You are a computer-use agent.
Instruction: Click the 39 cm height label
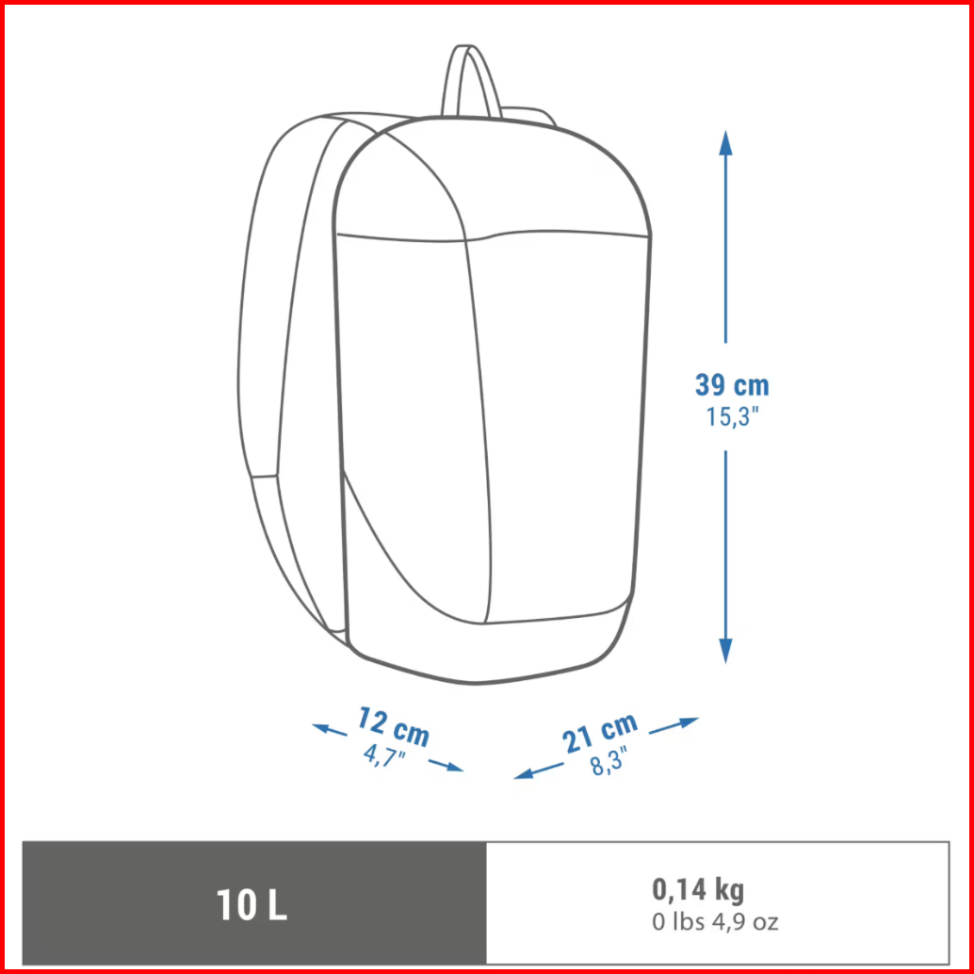pos(732,385)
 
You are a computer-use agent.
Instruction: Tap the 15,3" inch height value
pos(732,416)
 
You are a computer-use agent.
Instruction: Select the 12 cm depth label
pos(393,727)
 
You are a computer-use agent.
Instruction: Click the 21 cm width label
pos(600,732)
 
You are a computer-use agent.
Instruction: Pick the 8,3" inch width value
pos(609,762)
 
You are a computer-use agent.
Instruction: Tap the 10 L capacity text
pos(252,904)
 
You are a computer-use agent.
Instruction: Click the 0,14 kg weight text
pos(698,889)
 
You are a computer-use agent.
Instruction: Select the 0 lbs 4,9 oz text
pos(715,922)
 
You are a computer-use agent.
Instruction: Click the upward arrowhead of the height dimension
pos(725,143)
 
